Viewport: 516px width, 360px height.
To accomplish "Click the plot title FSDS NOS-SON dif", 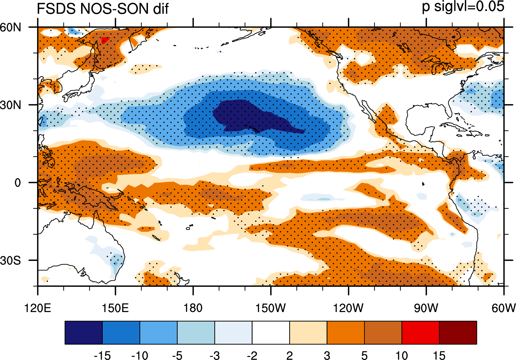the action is (102, 9).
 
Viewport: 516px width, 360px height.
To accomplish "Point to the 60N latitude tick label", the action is (11, 27).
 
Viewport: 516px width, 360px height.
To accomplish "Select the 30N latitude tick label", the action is (11, 105).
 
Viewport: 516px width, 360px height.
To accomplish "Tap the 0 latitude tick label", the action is (18, 183).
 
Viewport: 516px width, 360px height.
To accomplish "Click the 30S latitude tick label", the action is (11, 261).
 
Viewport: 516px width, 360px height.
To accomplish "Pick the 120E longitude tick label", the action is (38, 308).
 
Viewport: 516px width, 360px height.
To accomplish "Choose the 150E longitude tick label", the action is (115, 308).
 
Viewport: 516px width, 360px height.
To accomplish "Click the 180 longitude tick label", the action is (193, 308).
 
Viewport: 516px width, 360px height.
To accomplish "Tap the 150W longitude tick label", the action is (271, 308).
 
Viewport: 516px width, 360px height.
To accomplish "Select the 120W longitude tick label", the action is (348, 308).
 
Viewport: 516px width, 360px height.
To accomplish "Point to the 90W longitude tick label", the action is (426, 308).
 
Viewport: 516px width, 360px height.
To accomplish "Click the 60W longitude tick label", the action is (504, 308).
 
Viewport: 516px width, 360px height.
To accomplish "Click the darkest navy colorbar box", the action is (83, 332).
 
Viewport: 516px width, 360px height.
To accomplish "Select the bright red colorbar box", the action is (421, 332).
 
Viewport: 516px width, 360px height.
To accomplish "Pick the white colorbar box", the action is (271, 332).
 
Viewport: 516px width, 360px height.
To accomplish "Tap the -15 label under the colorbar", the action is (102, 355).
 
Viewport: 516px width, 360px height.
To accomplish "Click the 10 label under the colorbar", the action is (402, 355).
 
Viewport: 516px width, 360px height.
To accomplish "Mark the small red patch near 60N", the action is (105, 40).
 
